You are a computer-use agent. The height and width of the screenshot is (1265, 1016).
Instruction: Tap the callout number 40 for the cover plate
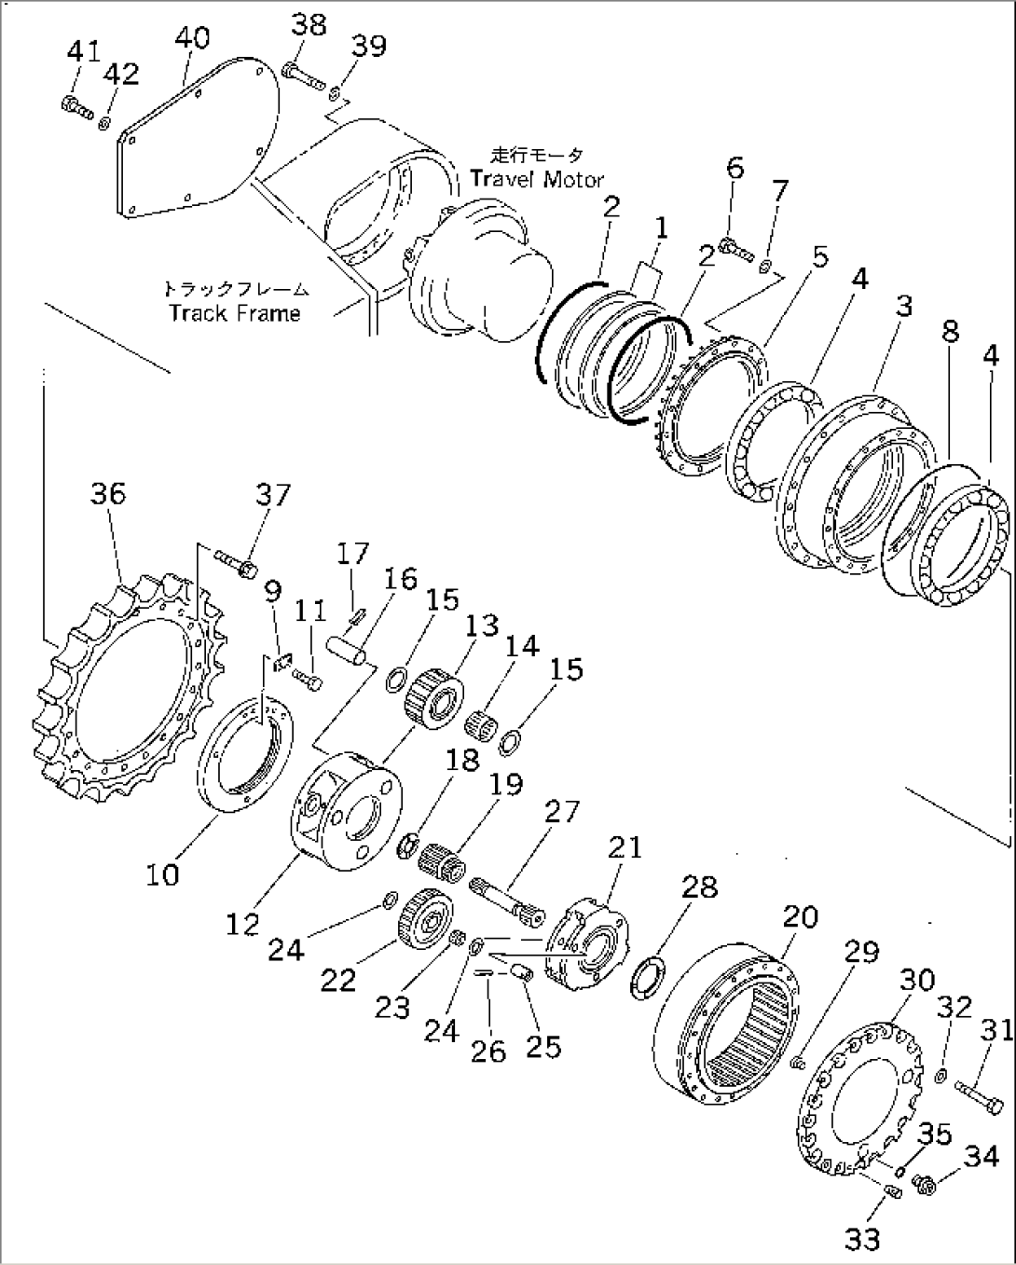coord(192,38)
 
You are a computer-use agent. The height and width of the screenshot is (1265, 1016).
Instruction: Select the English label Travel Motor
coord(537,179)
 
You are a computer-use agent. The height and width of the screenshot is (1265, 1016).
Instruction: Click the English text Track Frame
coord(235,312)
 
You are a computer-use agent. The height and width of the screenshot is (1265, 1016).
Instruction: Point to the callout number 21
coord(625,847)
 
